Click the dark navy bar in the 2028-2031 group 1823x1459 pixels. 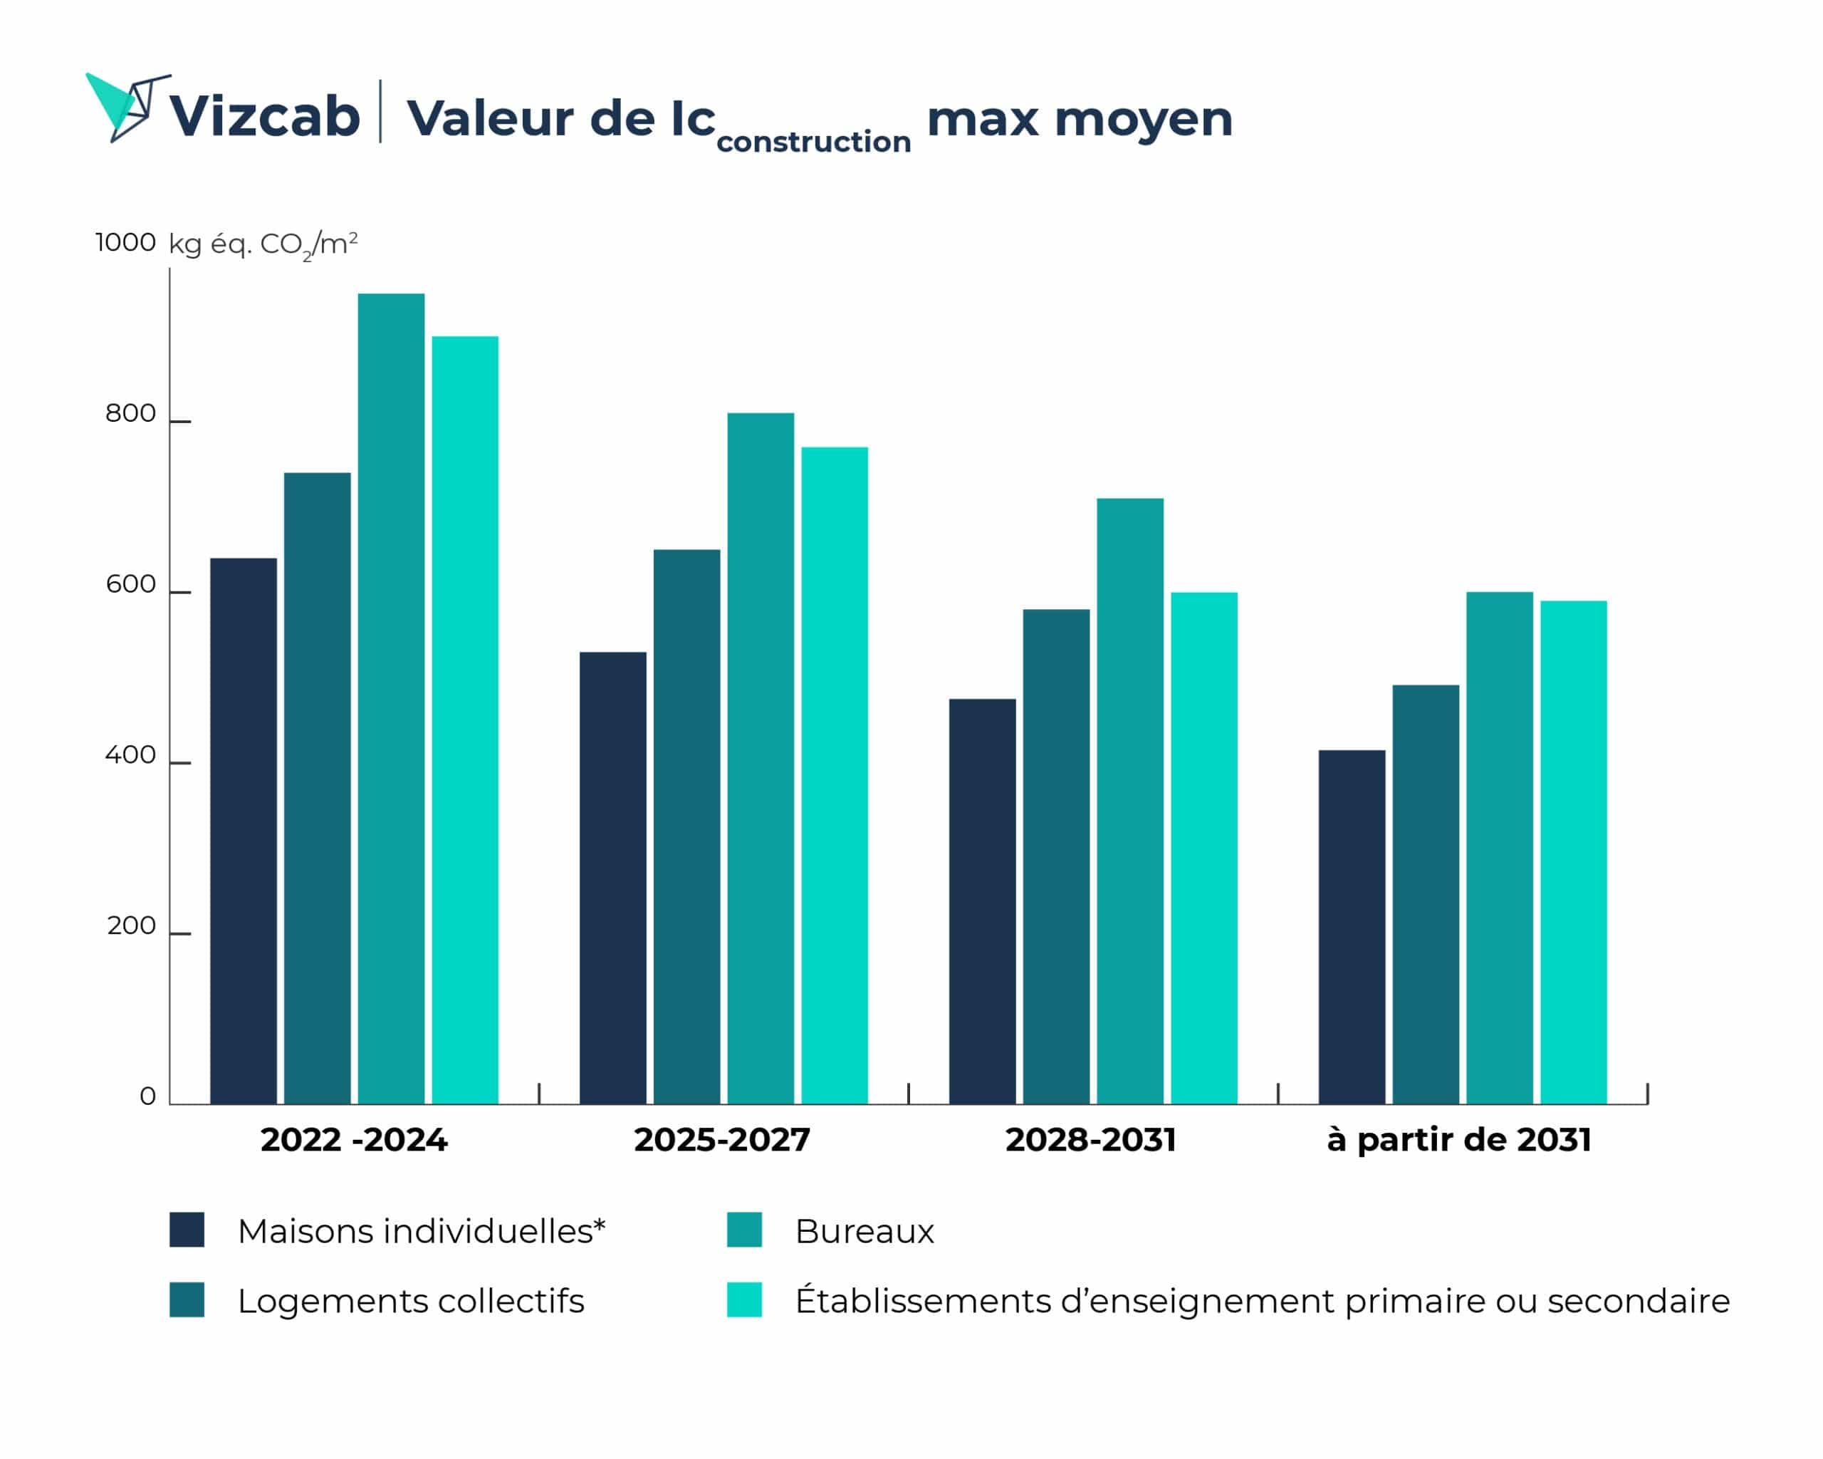(x=982, y=900)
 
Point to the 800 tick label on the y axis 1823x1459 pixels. (x=130, y=414)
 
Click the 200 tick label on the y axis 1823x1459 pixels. (x=131, y=926)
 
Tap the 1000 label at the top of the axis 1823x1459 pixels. (x=125, y=243)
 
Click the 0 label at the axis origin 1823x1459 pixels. (x=148, y=1097)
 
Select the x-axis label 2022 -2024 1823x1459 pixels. (x=353, y=1139)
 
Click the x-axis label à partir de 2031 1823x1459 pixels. (x=1458, y=1139)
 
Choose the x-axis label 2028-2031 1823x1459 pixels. (x=1091, y=1139)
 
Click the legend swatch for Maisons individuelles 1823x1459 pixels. (x=187, y=1230)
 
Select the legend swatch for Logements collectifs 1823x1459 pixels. (x=187, y=1300)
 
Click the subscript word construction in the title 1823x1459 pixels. (x=813, y=141)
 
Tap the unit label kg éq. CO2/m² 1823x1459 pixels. (x=263, y=244)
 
